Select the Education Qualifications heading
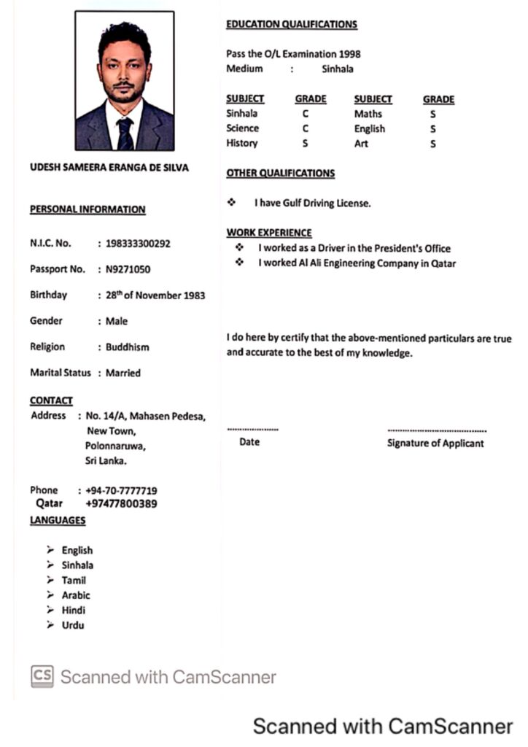pos(292,25)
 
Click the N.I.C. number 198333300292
pos(138,244)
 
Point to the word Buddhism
pos(128,347)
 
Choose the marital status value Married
pos(123,373)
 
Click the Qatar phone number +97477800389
pos(121,503)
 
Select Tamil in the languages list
pos(74,581)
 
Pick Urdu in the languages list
pos(73,625)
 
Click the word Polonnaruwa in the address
pos(115,446)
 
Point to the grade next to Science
pos(306,128)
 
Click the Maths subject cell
pos(368,114)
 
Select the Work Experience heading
pos(269,233)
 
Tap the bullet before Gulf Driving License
pos(231,202)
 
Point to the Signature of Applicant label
pos(435,444)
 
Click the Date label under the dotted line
pos(249,442)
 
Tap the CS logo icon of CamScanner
pos(42,676)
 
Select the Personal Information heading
pos(88,210)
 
